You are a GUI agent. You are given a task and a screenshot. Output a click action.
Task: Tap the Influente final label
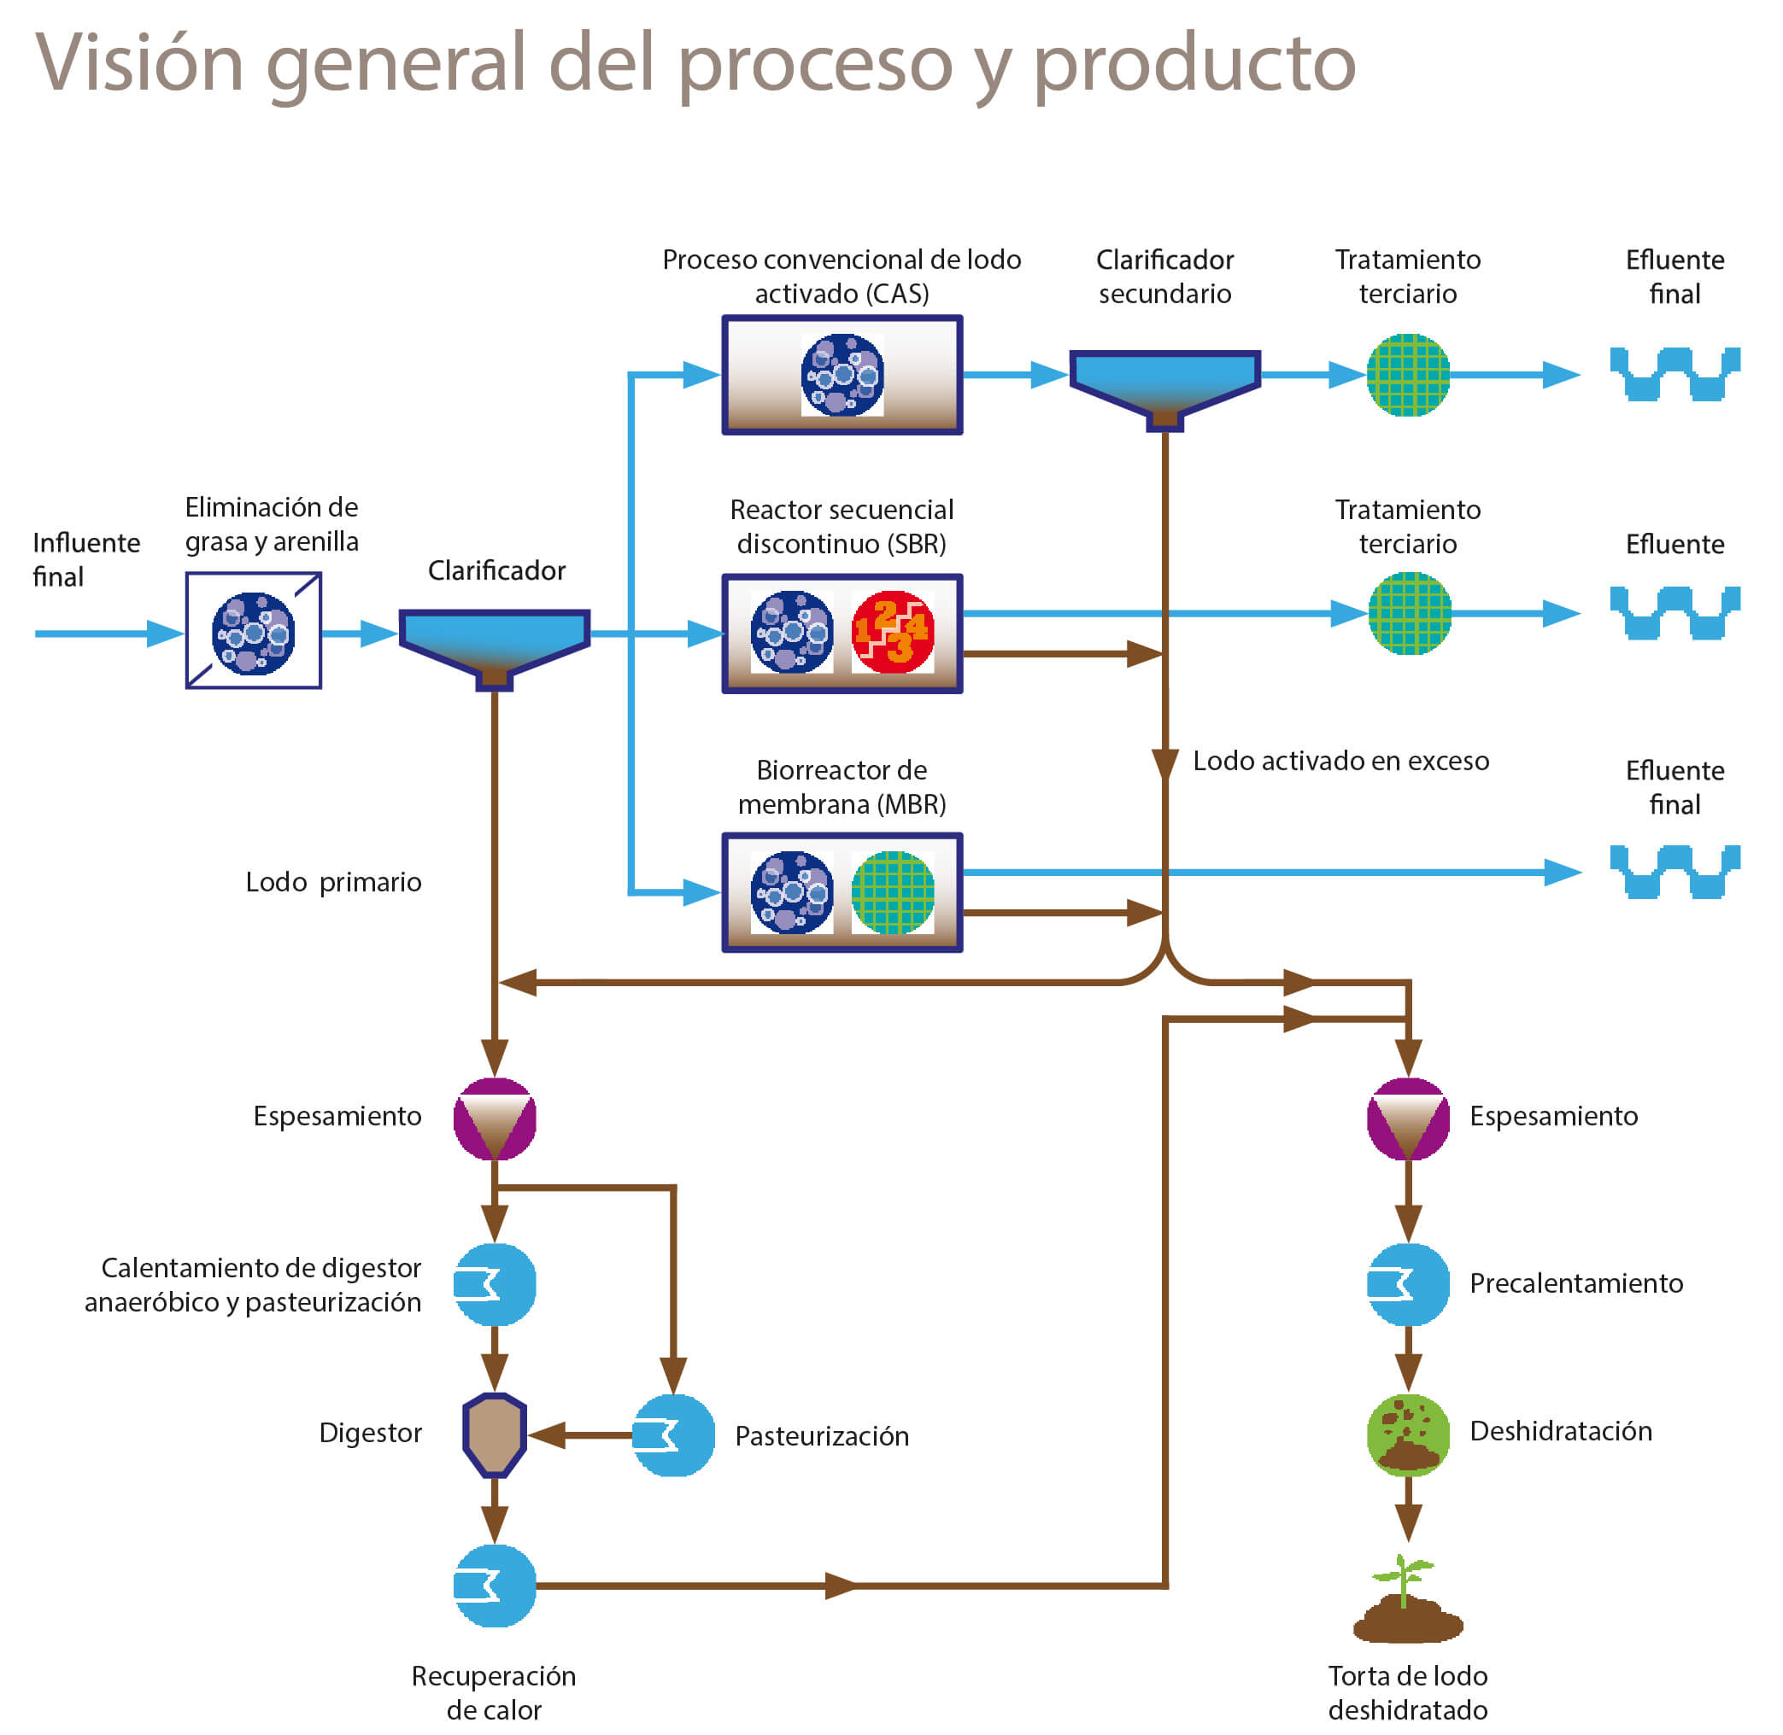pos(85,559)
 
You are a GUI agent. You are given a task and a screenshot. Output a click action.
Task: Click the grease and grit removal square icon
pos(254,631)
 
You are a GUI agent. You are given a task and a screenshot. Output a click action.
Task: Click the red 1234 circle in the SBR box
pos(893,633)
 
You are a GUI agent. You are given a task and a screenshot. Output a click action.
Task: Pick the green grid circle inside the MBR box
pos(893,892)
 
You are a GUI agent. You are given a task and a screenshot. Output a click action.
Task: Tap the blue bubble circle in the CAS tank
pos(842,375)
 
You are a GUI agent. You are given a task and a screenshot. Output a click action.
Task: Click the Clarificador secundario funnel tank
pos(1164,381)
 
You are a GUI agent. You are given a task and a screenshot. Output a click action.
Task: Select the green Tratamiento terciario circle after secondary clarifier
pos(1407,375)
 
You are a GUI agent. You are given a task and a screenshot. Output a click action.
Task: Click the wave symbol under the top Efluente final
pos(1674,375)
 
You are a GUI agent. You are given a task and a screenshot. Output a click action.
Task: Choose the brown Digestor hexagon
pos(494,1434)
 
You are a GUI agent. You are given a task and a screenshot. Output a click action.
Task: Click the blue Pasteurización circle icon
pos(673,1435)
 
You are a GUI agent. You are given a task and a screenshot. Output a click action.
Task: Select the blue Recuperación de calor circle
pos(494,1586)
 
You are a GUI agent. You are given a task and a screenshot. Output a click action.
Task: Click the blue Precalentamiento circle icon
pos(1407,1284)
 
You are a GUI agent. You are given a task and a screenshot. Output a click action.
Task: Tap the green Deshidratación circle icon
pos(1407,1434)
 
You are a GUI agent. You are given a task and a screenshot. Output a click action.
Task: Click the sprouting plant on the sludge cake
pos(1404,1582)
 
